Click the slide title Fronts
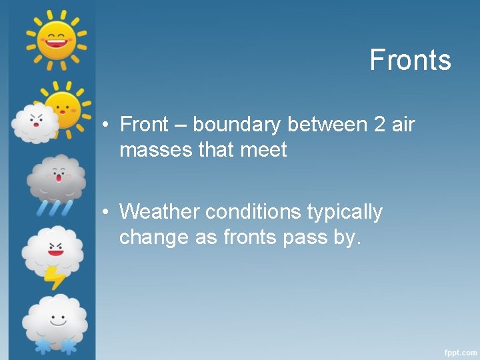pos(410,60)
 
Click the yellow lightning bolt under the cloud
pos(54,276)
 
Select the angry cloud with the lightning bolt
pos(53,251)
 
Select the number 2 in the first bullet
pos(380,125)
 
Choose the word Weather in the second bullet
pos(159,212)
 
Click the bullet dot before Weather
pos(106,213)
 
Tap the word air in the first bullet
pos(403,125)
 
